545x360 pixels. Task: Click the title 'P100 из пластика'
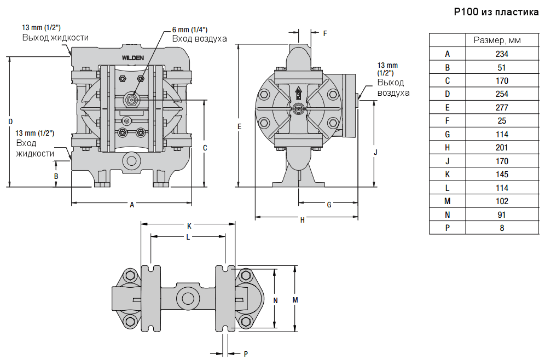click(496, 12)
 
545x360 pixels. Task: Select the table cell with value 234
click(502, 54)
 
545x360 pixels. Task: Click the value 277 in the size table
click(502, 108)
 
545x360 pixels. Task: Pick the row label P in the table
click(447, 228)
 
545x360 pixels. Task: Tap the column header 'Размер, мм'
click(502, 40)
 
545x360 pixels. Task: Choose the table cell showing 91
click(502, 215)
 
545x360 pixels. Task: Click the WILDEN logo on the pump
click(132, 57)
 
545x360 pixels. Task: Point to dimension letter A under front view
click(132, 205)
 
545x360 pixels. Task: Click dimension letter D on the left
click(10, 121)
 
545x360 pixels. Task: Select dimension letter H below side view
click(303, 219)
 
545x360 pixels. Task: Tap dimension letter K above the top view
click(189, 225)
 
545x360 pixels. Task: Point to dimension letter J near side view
click(375, 153)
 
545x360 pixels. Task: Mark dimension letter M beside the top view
click(295, 300)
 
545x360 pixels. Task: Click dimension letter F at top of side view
click(324, 33)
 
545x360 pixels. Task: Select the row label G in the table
click(447, 135)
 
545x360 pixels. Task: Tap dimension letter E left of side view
click(239, 126)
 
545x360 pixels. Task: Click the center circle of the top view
click(188, 299)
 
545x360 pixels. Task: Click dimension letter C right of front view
click(205, 148)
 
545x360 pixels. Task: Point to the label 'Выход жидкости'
click(55, 38)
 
